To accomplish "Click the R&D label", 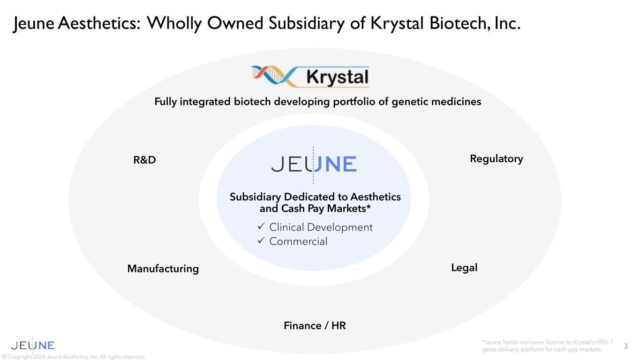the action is coord(144,160).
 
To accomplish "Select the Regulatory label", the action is coord(497,159).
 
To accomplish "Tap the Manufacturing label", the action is coord(163,269).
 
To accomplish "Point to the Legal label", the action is coord(464,268).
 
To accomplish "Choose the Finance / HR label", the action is coord(315,325).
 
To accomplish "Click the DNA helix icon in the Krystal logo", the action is coord(273,76).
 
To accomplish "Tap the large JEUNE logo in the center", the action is coord(314,164).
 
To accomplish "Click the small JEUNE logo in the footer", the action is coord(32,345).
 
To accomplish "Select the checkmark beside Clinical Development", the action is coord(261,226).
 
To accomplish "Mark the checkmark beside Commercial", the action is coord(261,240).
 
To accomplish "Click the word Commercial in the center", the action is coord(298,241).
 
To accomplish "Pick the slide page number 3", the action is coord(626,346).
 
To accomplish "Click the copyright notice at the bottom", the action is coord(73,357).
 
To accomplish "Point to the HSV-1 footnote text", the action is coord(547,346).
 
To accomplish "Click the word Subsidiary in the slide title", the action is coord(307,23).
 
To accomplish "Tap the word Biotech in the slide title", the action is coord(458,23).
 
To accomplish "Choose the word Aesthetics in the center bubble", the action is coord(376,197).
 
